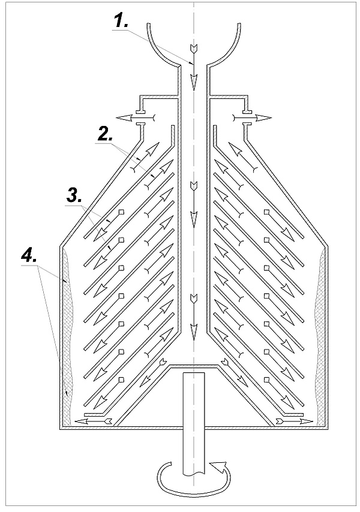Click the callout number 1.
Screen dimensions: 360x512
point(121,21)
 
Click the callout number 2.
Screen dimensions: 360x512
point(104,134)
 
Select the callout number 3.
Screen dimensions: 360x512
point(74,197)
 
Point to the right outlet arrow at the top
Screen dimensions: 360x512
point(251,118)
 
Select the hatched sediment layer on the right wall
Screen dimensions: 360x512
point(322,336)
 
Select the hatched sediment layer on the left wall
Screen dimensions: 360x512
point(67,336)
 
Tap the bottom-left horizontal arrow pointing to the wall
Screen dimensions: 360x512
point(94,421)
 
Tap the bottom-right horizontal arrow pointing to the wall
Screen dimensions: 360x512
point(294,421)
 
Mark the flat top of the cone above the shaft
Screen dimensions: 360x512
point(193,365)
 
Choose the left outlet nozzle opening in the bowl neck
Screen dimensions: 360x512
point(143,118)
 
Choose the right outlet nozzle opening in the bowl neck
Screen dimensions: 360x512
point(245,118)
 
